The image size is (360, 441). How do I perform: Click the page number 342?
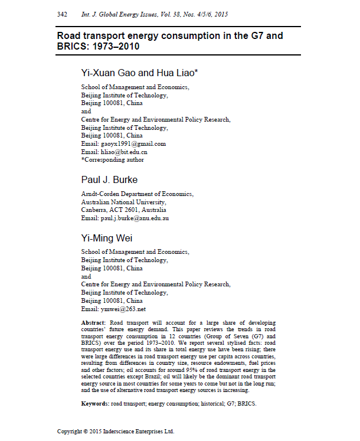click(x=63, y=13)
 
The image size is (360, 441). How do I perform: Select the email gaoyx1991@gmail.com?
click(x=132, y=143)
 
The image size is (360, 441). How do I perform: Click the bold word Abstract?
click(x=93, y=322)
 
